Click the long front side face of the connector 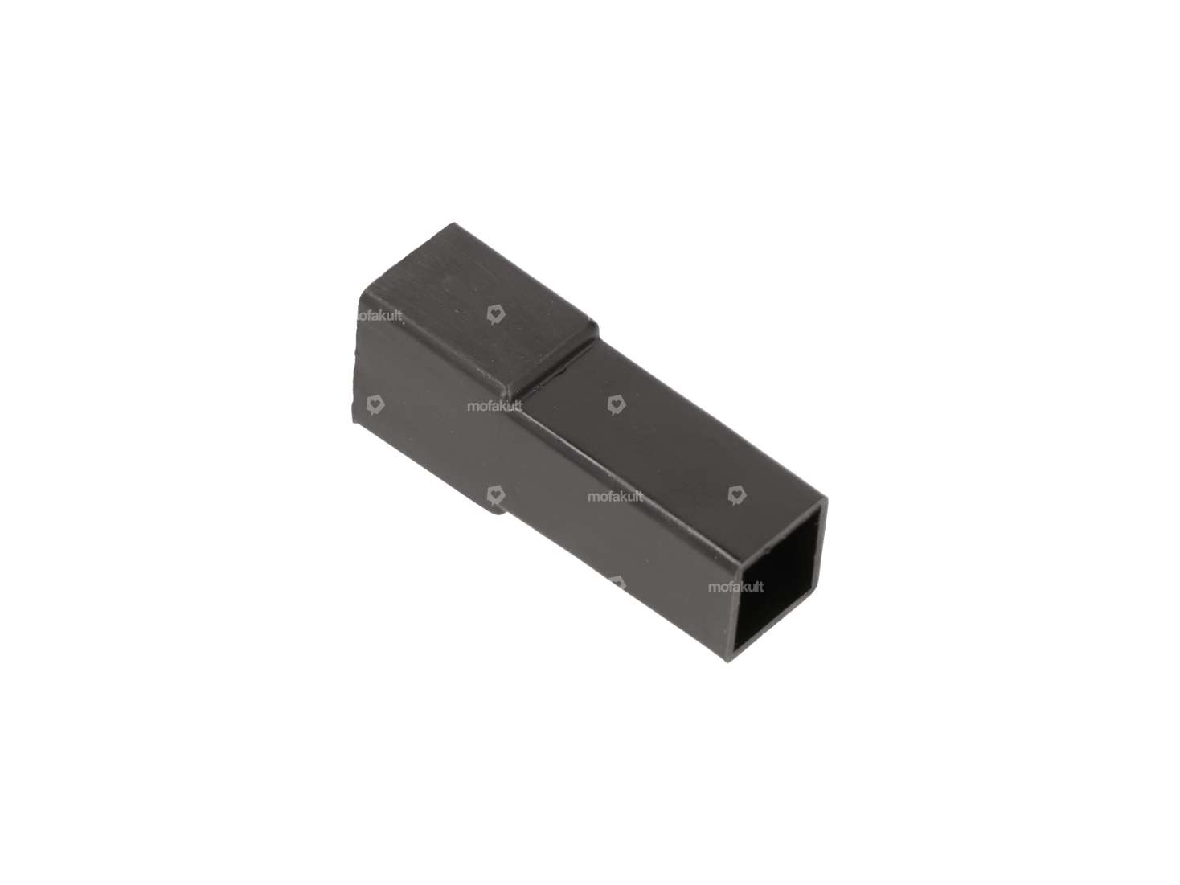pyautogui.click(x=579, y=514)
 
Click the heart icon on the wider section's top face pyautogui.click(x=496, y=314)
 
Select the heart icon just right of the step pyautogui.click(x=616, y=404)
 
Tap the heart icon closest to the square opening pyautogui.click(x=735, y=494)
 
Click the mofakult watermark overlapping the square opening pyautogui.click(x=735, y=587)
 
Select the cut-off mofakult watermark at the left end pyautogui.click(x=379, y=316)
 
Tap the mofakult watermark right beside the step pyautogui.click(x=494, y=406)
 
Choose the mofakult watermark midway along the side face pyautogui.click(x=615, y=496)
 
